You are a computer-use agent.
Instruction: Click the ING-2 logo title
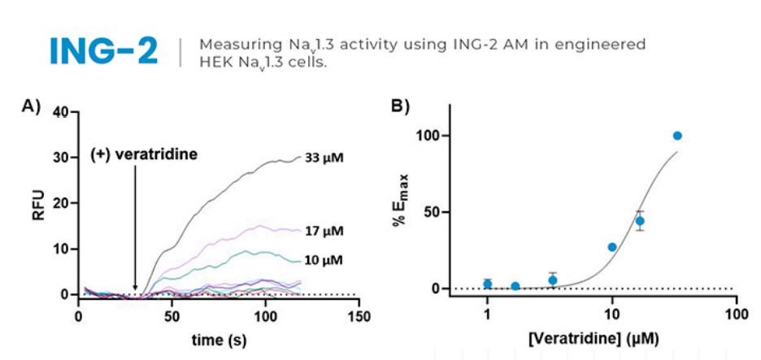pos(103,51)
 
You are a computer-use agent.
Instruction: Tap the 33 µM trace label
pos(324,158)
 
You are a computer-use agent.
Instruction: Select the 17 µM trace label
pos(324,231)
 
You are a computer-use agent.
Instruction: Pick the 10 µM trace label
pos(324,260)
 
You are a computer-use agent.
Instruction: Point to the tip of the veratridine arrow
pos(135,289)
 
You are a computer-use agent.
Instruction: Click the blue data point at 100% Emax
pos(677,136)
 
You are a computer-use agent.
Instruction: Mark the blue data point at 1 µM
pos(487,284)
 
